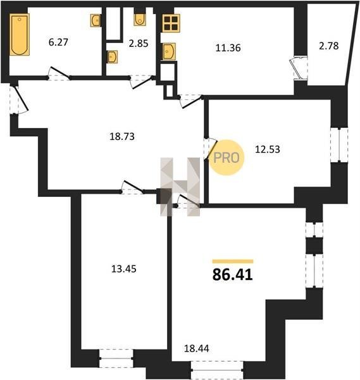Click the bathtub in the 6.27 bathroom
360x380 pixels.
20,34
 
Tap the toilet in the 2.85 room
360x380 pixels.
140,20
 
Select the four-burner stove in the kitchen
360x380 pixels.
171,23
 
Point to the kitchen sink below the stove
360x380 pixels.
169,51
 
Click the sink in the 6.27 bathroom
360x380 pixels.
96,20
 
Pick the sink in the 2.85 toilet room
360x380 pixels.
112,57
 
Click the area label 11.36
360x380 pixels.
228,48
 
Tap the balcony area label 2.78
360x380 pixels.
328,46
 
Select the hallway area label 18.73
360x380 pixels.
122,137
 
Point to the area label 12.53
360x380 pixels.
268,149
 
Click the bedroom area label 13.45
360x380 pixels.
124,269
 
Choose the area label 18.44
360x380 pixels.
196,348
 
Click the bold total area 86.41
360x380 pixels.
233,275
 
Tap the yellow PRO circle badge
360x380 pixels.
227,158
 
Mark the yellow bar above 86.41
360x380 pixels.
233,261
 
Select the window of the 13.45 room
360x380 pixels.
116,358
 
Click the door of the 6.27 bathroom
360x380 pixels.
59,73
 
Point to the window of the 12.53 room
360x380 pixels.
339,144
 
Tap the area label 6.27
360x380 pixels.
58,42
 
